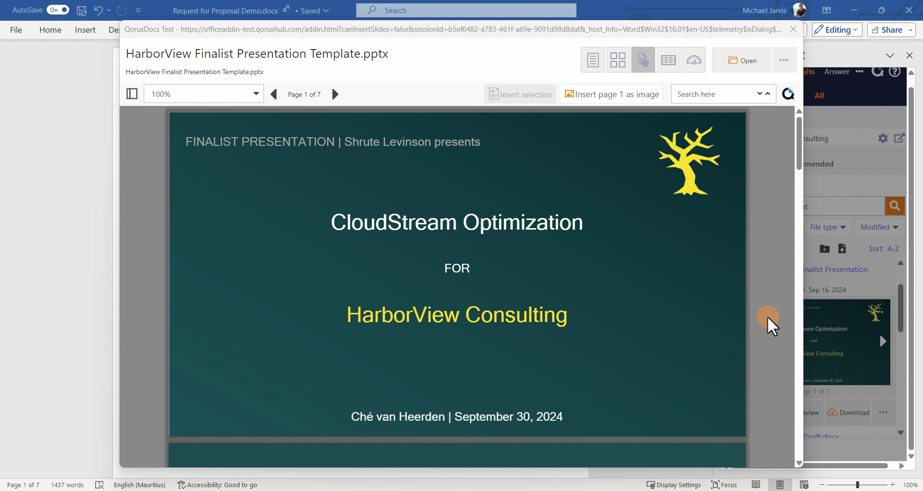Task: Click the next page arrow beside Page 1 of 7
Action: pos(335,94)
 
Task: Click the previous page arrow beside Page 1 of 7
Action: pos(274,94)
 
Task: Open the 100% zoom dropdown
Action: pos(256,94)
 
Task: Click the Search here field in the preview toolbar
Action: pos(713,94)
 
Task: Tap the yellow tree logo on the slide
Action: pos(688,161)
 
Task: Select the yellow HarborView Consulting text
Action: pos(457,315)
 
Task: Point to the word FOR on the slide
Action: pos(457,268)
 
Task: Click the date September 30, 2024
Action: pos(508,417)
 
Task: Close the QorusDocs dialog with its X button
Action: pos(793,29)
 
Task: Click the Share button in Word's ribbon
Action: pos(891,30)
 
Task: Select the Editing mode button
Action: pos(836,30)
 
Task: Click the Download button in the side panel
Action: pos(848,413)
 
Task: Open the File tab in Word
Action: pos(16,30)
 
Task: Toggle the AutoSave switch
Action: pos(58,10)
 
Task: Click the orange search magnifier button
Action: pos(895,206)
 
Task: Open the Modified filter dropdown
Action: pos(879,227)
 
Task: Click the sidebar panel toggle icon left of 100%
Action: pos(132,94)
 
